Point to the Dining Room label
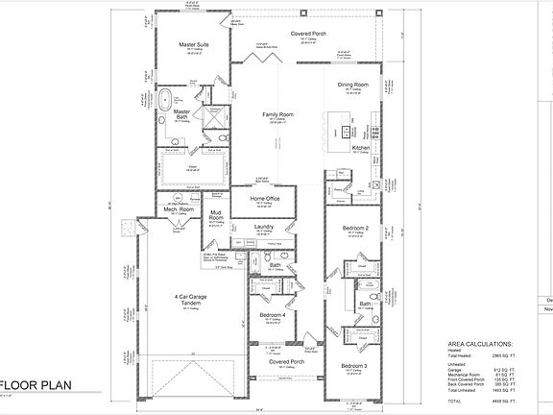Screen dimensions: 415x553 tap(353, 85)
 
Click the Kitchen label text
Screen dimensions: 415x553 tap(360, 148)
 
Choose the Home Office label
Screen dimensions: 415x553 tap(265, 199)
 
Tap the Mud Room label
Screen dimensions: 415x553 tap(216, 215)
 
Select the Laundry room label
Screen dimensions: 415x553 tap(265, 228)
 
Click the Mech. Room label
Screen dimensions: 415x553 tap(181, 208)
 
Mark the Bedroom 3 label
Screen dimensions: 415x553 tap(353, 366)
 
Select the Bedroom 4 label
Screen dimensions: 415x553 tap(273, 314)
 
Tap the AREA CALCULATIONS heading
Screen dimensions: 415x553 tap(480, 343)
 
